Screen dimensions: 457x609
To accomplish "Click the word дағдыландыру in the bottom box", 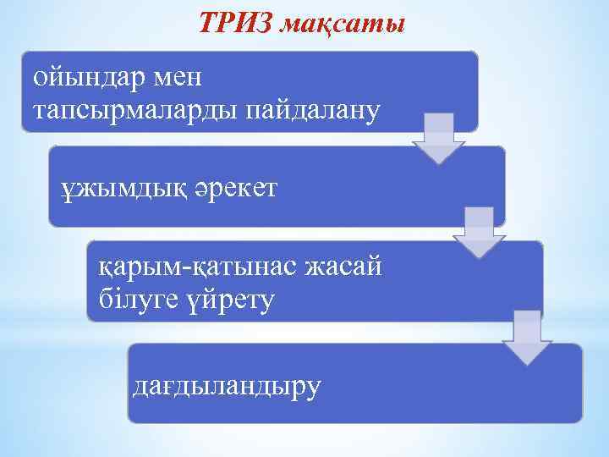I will pos(228,387).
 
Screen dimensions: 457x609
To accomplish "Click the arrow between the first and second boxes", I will pos(439,138).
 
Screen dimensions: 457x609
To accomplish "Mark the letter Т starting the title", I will pos(208,25).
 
